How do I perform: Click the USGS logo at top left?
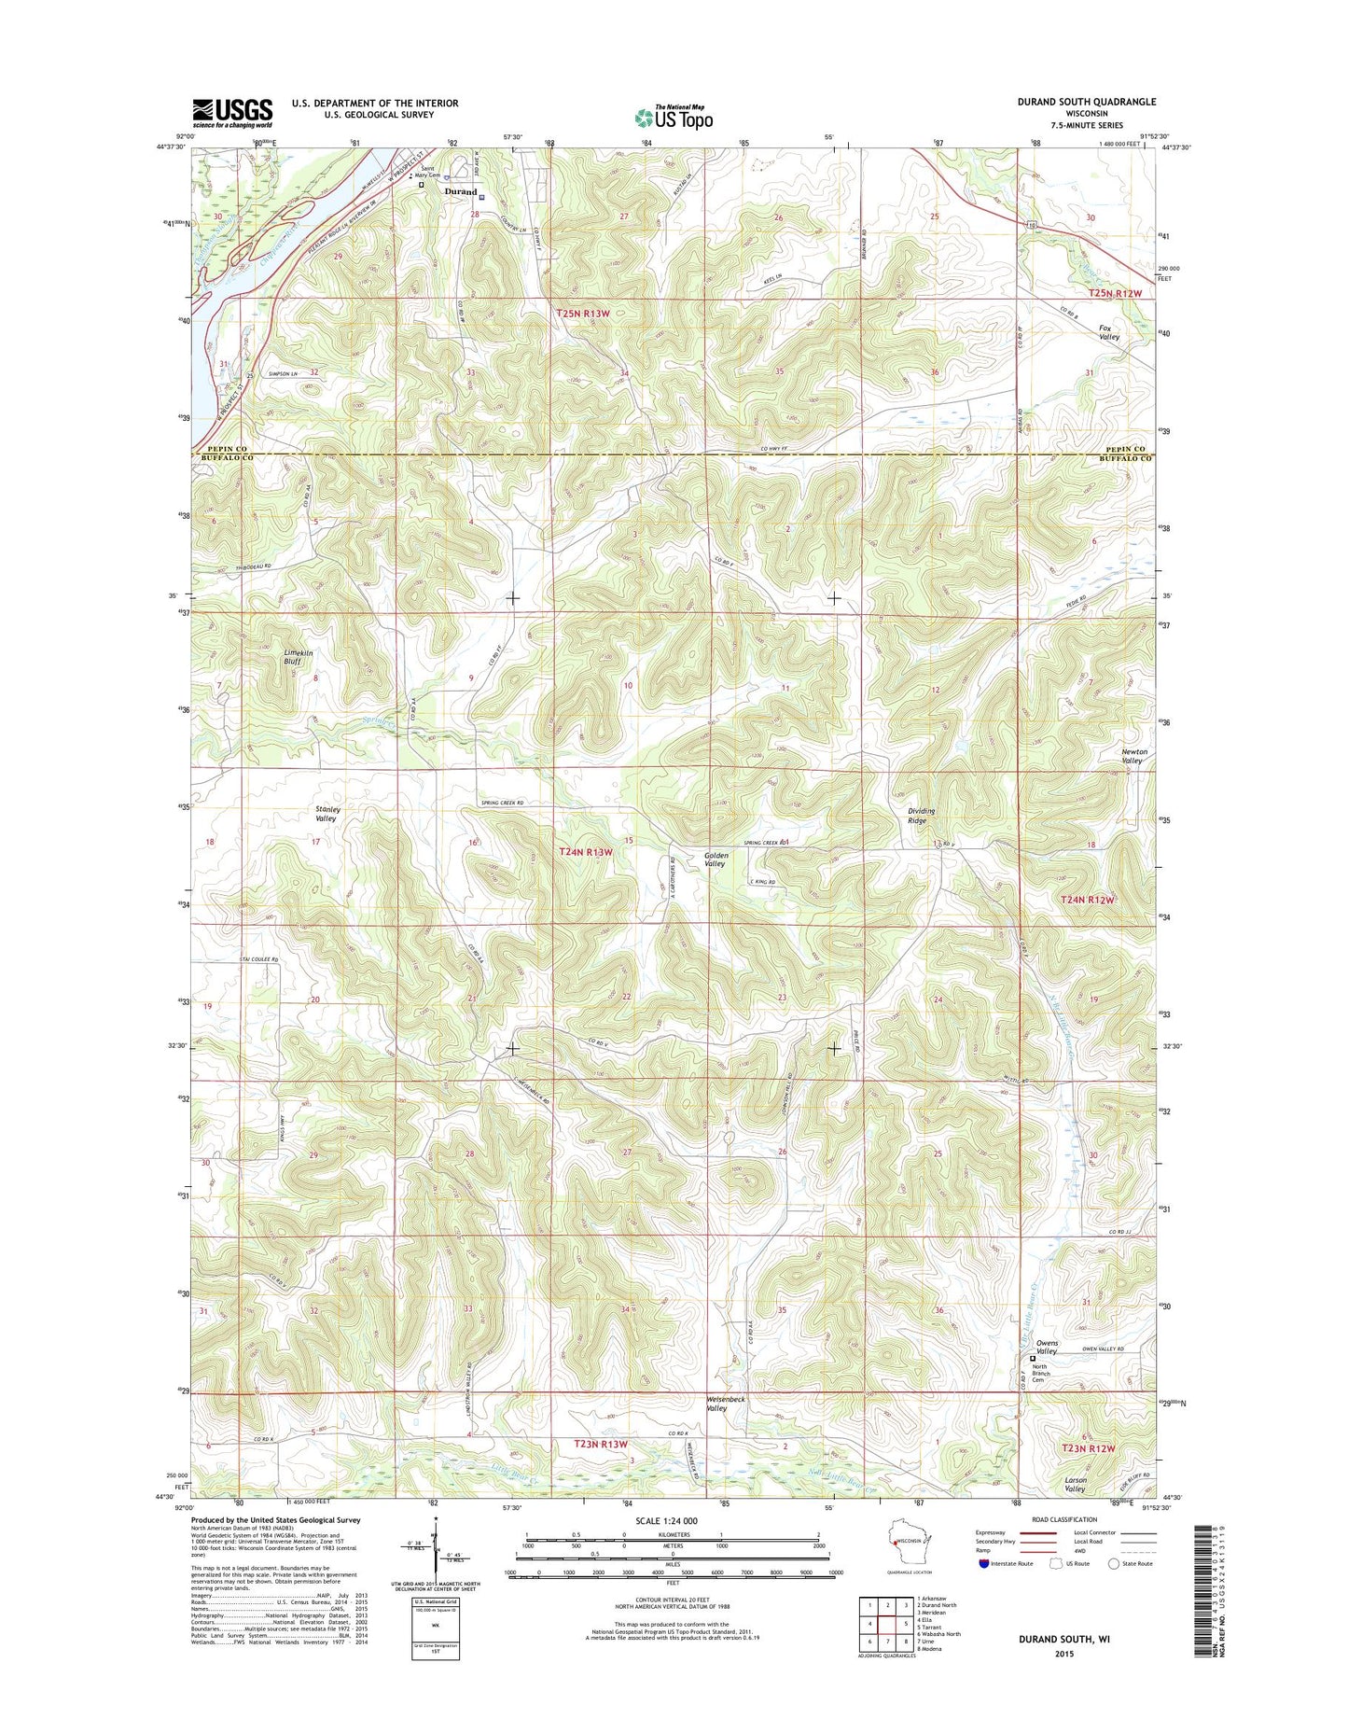click(x=232, y=113)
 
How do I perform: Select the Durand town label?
click(x=460, y=192)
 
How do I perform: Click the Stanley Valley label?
click(x=326, y=814)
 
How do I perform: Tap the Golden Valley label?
click(x=716, y=859)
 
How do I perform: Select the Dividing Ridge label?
click(x=921, y=815)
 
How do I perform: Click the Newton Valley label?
click(x=1133, y=756)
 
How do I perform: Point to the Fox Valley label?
click(x=1108, y=332)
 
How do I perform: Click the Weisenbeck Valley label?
click(x=730, y=1404)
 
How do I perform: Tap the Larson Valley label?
click(x=1075, y=1485)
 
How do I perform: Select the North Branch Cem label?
click(x=1041, y=1373)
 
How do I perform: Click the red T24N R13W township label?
click(x=586, y=852)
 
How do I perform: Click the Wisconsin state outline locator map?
click(x=897, y=1558)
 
